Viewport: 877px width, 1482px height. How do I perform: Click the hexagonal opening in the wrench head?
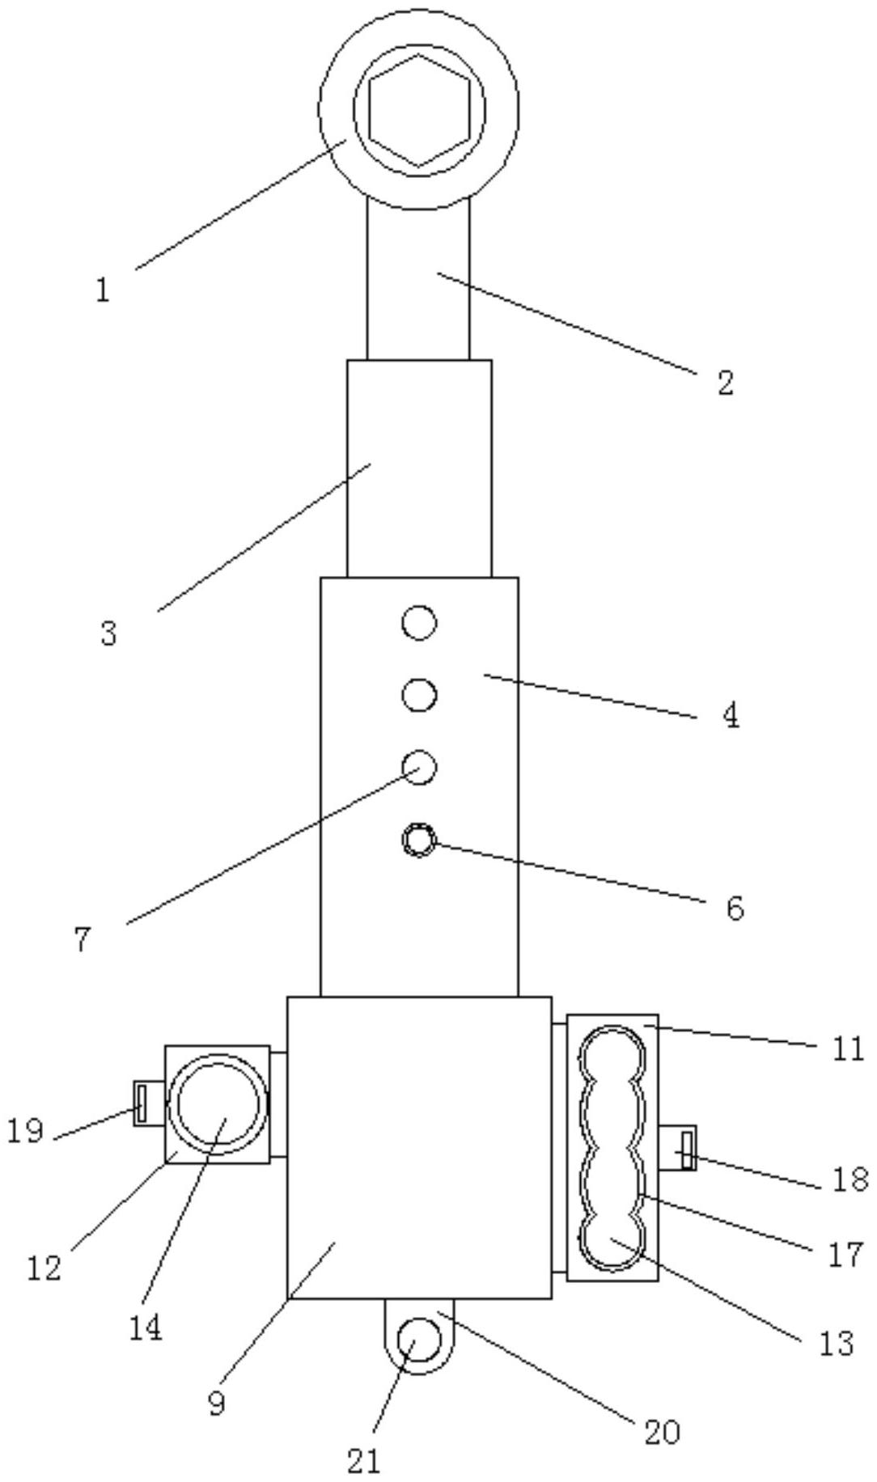coord(419,110)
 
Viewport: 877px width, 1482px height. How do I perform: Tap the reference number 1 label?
coord(102,290)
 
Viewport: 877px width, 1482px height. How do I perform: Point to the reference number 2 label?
coord(725,383)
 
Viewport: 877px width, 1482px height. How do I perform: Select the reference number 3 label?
coord(109,633)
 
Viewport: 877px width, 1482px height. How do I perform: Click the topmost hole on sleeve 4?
coord(419,624)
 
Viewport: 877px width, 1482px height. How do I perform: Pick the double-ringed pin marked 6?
coord(419,840)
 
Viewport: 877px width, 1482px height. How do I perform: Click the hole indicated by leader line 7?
coord(419,767)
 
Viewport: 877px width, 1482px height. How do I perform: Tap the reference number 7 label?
coord(83,940)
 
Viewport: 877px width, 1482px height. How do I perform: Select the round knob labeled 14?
coord(217,1104)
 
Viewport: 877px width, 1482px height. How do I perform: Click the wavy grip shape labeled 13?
coord(612,1147)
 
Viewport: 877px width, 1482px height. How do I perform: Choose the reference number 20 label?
coord(662,1433)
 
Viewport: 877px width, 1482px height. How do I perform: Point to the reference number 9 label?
coord(216,1404)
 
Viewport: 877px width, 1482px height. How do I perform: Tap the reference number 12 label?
coord(44,1268)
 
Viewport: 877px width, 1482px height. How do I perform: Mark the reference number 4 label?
coord(731,715)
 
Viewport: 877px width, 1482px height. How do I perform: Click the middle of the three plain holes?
coord(419,696)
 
